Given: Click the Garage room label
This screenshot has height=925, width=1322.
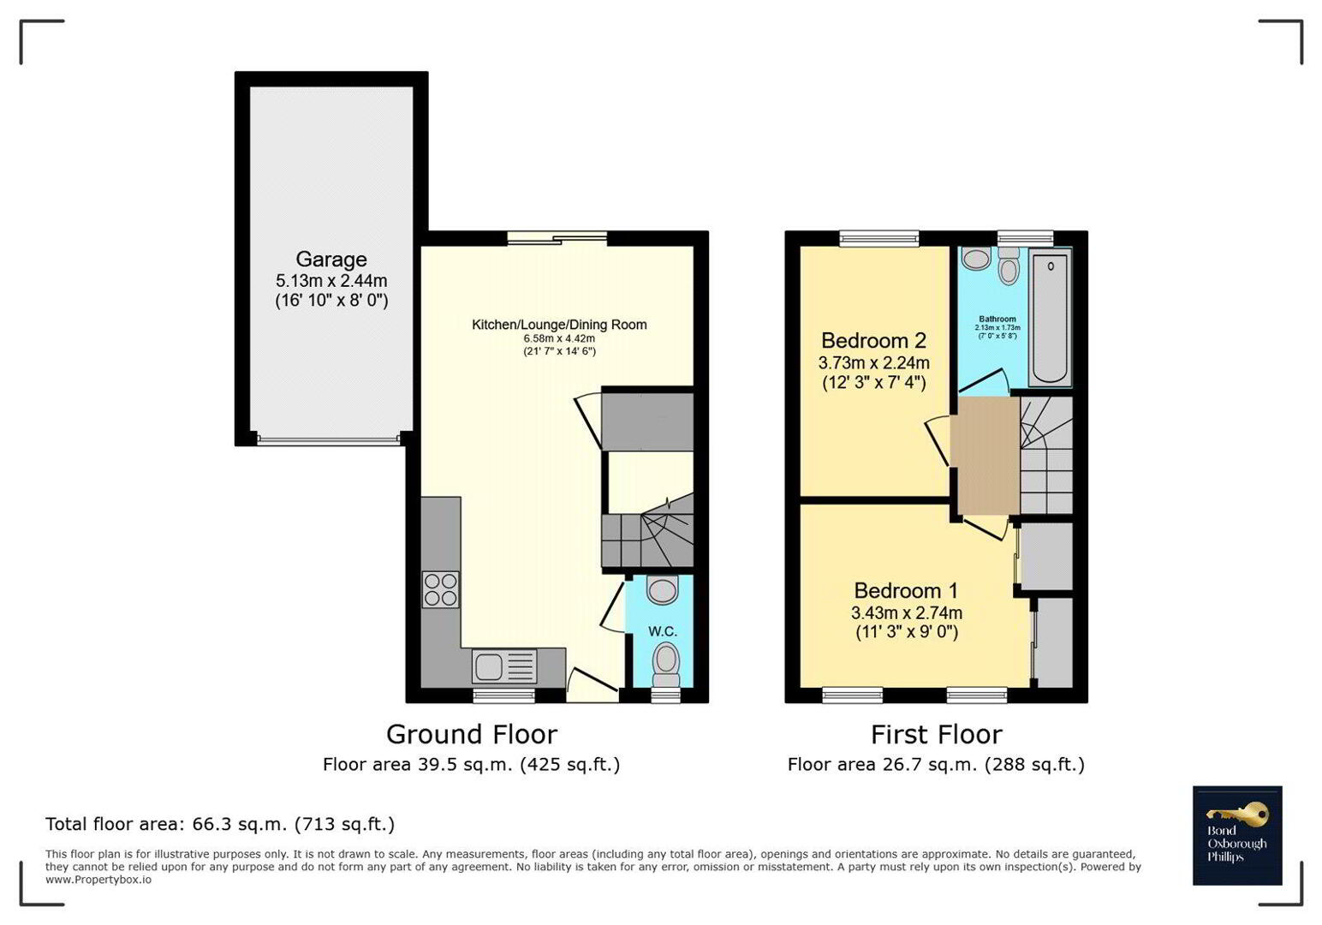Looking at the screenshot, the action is (x=331, y=260).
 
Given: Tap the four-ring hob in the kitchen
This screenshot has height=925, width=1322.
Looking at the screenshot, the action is (x=440, y=589).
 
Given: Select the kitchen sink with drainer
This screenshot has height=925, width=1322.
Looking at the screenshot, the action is (x=504, y=665).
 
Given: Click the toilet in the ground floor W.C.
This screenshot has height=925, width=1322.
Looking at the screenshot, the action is (x=667, y=665).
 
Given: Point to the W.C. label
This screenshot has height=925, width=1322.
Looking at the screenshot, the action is (x=663, y=631).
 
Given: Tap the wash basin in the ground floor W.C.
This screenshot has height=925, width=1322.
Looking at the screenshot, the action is (x=662, y=590).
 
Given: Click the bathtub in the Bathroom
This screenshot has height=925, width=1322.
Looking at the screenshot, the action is (x=1051, y=319).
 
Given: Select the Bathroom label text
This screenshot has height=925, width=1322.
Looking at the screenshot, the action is (x=997, y=319).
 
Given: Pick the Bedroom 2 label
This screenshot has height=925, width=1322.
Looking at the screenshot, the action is (x=873, y=341).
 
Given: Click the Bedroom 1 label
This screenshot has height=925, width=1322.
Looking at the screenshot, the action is (x=906, y=590).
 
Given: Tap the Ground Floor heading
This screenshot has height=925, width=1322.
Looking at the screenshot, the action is (x=472, y=735).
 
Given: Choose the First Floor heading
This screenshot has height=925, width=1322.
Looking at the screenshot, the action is (x=937, y=735).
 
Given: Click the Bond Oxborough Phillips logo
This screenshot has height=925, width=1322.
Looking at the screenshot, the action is (x=1237, y=835).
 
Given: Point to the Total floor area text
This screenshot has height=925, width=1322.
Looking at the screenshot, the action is (x=219, y=824).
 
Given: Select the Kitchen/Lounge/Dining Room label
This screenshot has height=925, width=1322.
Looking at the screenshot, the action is (x=559, y=325).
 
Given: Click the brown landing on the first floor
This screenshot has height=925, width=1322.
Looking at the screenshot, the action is (x=989, y=456).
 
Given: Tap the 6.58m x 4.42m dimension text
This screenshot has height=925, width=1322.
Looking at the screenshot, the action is (x=559, y=339).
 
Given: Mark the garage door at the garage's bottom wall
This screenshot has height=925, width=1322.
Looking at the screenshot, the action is (x=329, y=439).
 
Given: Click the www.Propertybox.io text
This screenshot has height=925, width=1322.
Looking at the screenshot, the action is (x=98, y=880).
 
